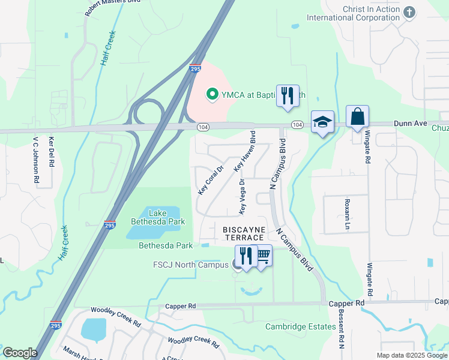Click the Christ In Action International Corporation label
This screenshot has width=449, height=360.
point(353,13)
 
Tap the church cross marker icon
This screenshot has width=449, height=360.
point(409,12)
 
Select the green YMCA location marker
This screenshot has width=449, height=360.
point(211,94)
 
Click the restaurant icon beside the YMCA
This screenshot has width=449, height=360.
point(288,95)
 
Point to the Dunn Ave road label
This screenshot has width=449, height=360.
point(411,124)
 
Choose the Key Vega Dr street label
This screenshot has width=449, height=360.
point(242,196)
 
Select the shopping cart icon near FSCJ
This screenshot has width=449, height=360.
point(262,256)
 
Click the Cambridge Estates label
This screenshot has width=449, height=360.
point(301,326)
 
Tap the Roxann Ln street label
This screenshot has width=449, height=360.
point(346,215)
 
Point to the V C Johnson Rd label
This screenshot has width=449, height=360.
point(36,160)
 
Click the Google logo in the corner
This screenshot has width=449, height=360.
point(20,353)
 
